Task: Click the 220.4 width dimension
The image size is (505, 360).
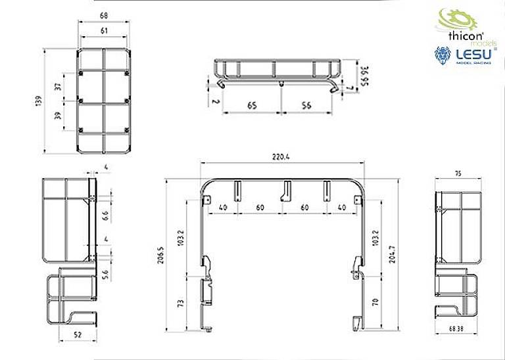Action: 283,157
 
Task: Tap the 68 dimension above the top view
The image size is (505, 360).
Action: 105,15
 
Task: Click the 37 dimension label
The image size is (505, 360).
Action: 58,86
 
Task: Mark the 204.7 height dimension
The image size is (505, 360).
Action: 394,254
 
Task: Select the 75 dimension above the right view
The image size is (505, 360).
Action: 457,173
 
